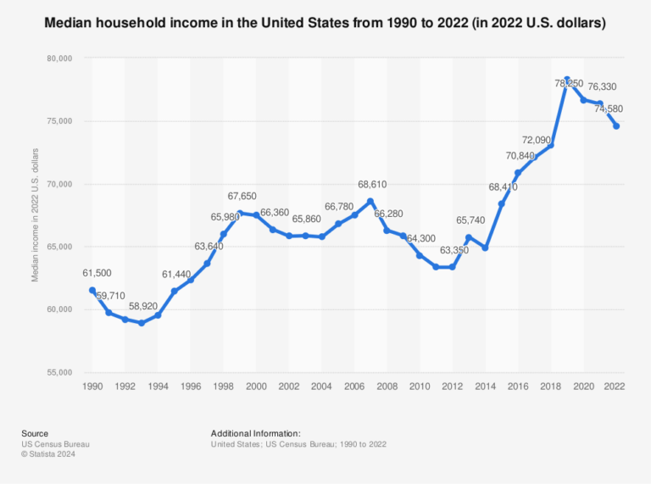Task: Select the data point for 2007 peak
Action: click(370, 201)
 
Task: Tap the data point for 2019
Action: click(567, 80)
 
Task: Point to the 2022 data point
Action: click(616, 126)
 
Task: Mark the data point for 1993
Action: click(142, 323)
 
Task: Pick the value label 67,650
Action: click(242, 196)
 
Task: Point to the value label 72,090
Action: click(539, 139)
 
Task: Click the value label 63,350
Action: click(454, 251)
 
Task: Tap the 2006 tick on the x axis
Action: click(354, 387)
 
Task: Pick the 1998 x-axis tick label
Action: click(224, 387)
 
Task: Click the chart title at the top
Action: click(325, 24)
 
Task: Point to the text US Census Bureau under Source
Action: click(56, 443)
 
